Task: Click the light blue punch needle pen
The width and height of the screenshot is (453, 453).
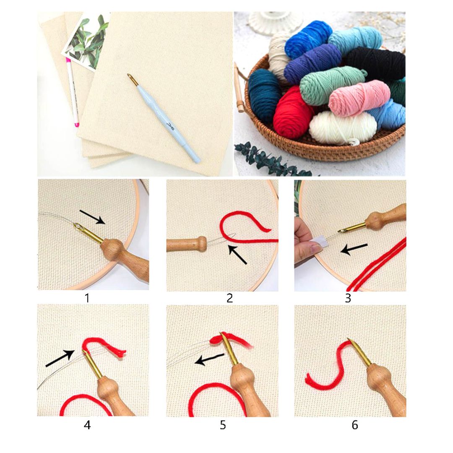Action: [x=168, y=122]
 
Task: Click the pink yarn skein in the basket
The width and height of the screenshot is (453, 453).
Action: [x=359, y=97]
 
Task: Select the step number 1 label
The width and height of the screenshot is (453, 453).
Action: [x=87, y=298]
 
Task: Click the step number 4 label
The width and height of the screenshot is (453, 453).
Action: [x=87, y=425]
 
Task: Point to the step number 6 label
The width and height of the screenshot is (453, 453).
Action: [x=355, y=425]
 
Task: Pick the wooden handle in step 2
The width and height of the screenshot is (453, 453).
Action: [x=186, y=244]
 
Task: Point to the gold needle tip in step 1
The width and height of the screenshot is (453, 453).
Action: [x=80, y=228]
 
